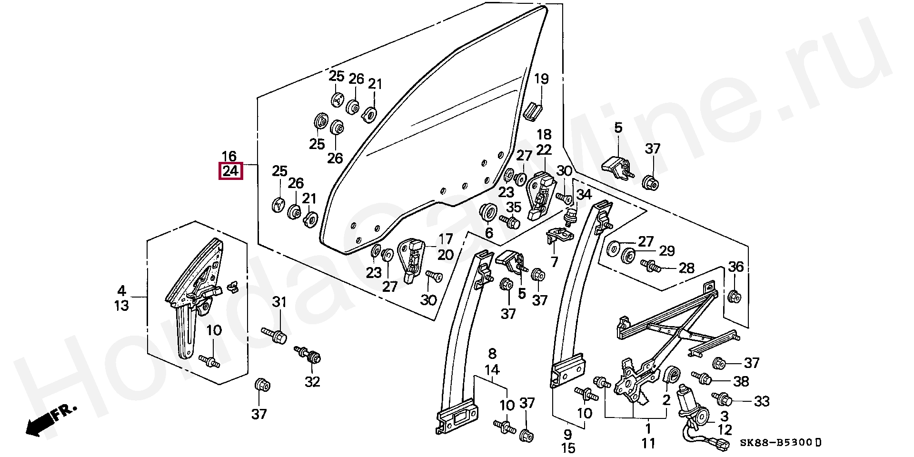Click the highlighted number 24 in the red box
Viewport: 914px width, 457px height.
click(x=231, y=171)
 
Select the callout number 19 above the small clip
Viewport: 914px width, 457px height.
click(x=541, y=79)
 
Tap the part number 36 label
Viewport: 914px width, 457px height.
click(x=736, y=267)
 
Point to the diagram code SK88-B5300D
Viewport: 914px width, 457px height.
click(x=781, y=443)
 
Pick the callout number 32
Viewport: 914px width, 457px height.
click(x=312, y=382)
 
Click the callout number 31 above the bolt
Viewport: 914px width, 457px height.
click(x=279, y=302)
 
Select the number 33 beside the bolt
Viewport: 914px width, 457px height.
click(x=762, y=401)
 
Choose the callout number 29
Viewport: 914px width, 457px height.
click(x=667, y=251)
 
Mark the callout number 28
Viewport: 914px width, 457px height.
click(x=686, y=268)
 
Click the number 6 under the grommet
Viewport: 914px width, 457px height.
click(x=489, y=233)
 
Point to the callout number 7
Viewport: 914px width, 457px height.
click(x=554, y=261)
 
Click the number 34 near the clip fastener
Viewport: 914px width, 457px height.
click(x=584, y=194)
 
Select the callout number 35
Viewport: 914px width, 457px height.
click(x=514, y=207)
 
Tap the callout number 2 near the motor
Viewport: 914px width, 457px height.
click(x=666, y=400)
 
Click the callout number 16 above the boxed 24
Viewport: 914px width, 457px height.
click(x=229, y=156)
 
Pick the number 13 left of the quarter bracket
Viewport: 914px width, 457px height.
click(x=121, y=305)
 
